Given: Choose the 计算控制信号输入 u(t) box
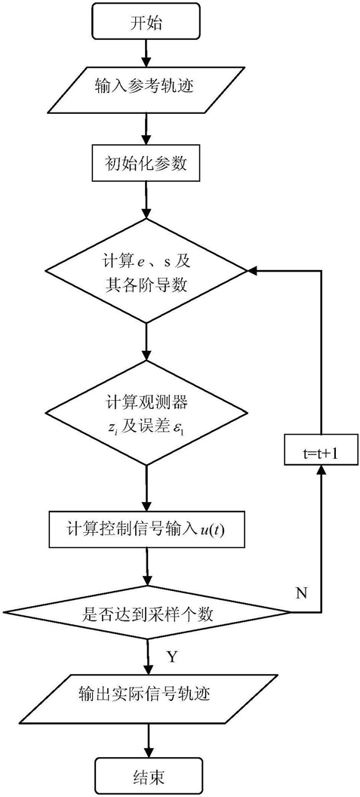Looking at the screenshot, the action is (x=146, y=531).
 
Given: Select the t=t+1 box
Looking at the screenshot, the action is (x=320, y=451).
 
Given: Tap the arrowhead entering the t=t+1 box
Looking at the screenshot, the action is (x=320, y=470).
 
